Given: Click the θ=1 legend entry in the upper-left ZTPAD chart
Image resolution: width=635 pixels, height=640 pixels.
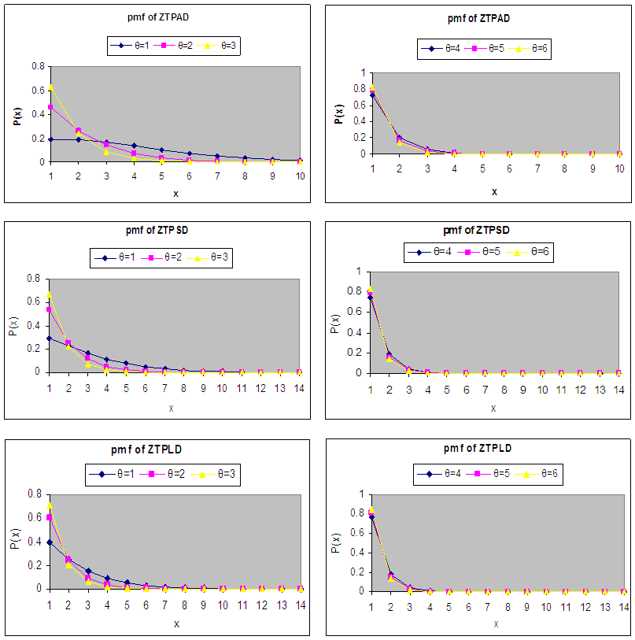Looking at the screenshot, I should click(x=133, y=46).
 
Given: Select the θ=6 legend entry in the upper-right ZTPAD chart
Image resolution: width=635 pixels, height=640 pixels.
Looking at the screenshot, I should click(x=532, y=48).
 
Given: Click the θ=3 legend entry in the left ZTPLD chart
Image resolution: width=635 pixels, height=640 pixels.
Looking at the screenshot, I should click(x=218, y=474).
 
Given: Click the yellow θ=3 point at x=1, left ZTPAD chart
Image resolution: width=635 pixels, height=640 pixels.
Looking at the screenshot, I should click(x=50, y=87).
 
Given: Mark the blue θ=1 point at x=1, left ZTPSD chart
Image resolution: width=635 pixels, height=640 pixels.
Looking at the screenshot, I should click(x=49, y=338).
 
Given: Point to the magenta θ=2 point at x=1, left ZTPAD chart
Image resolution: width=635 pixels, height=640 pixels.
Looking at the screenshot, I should click(x=50, y=107).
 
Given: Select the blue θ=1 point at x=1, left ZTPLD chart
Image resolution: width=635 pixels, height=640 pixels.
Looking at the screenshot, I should click(x=49, y=542).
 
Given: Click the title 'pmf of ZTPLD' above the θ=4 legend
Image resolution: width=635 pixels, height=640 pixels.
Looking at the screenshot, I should click(x=478, y=448).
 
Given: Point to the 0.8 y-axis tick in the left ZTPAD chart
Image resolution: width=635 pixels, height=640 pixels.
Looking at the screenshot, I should click(x=36, y=66).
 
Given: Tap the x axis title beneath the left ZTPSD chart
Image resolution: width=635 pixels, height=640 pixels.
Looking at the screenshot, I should click(x=172, y=407).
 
